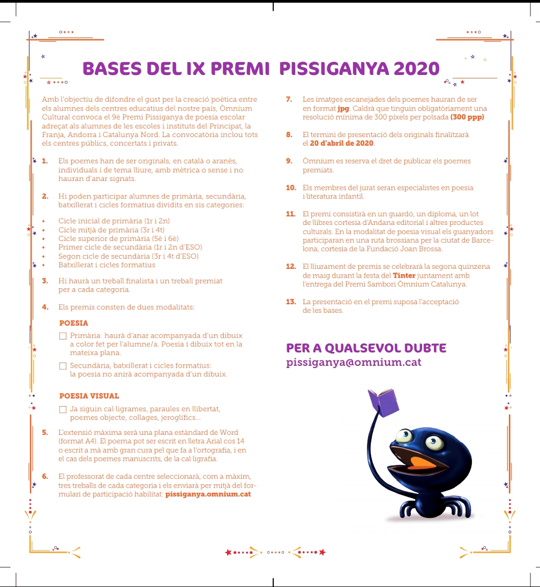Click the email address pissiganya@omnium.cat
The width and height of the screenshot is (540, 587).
click(354, 363)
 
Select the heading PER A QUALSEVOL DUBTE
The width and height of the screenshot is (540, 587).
click(366, 348)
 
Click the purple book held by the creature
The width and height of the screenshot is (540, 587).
click(383, 401)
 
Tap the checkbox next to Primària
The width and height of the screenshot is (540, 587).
click(63, 336)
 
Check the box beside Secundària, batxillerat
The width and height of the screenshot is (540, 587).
click(63, 366)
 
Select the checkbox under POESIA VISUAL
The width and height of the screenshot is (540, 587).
click(63, 410)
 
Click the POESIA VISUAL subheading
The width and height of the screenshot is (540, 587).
click(89, 396)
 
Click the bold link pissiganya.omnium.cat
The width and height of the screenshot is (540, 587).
click(208, 494)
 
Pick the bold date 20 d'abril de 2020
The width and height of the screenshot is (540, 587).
click(342, 144)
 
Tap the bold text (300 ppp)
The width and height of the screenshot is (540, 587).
click(467, 117)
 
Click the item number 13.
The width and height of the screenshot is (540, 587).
click(291, 302)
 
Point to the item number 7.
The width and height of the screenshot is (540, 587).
click(289, 100)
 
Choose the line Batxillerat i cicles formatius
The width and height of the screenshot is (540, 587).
click(107, 265)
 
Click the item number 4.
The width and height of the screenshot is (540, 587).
click(46, 307)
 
